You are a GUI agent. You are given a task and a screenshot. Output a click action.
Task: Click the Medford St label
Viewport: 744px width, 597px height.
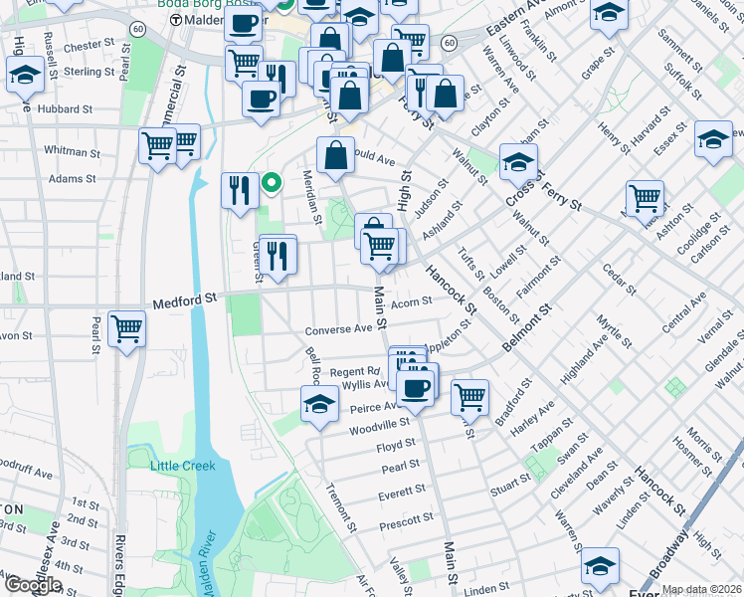185,299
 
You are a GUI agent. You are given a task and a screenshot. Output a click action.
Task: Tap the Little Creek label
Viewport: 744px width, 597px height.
182,466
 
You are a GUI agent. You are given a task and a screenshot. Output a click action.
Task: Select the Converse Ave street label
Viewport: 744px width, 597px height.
338,328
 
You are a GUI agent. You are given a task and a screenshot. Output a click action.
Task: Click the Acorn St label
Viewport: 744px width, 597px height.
411,301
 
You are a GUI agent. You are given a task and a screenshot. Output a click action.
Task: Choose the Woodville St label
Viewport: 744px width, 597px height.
379,429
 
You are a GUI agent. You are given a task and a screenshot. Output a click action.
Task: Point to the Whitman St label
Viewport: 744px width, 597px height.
70,150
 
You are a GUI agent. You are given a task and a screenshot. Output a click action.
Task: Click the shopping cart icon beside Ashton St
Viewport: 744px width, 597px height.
645,198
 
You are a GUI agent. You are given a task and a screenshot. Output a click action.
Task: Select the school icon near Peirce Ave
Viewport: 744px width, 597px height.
318,403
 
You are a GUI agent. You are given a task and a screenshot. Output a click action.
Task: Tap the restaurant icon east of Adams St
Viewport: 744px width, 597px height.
238,189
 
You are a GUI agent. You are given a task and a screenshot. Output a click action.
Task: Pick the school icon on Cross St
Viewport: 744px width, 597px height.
518,161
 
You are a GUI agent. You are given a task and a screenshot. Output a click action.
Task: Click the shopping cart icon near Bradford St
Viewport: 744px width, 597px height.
469,397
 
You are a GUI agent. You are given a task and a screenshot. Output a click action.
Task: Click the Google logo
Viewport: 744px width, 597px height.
32,585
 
